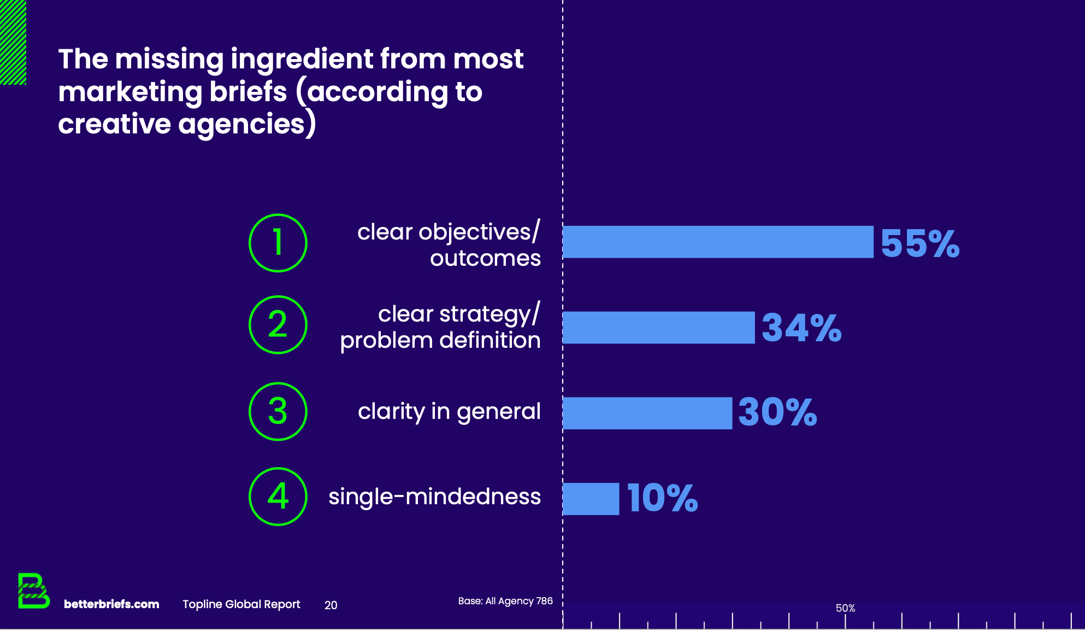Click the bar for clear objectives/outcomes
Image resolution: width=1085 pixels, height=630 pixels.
coord(718,242)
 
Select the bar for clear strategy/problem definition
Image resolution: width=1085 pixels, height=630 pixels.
coord(658,328)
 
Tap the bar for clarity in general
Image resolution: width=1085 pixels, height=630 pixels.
coord(647,413)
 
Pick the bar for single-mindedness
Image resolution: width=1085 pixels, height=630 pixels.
coord(591,498)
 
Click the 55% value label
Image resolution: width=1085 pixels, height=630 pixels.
coord(920,243)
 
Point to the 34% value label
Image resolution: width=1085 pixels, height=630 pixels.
coord(801,328)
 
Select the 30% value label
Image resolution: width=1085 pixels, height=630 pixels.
coord(777,412)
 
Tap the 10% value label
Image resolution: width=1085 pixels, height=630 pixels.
coord(662,498)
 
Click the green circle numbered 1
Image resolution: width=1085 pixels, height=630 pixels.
coord(278,243)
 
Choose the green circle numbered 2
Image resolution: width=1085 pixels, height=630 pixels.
coord(278,325)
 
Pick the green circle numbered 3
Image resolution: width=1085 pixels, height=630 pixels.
coord(278,411)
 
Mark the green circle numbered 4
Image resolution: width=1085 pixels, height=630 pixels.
coord(278,497)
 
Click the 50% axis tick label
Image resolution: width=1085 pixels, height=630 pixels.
coord(845,608)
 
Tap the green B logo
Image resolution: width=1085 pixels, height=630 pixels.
coord(33,591)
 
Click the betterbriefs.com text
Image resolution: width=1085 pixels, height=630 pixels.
coord(111,604)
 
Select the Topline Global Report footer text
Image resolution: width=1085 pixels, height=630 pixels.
coord(241,604)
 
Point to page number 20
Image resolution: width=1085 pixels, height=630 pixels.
coord(331,605)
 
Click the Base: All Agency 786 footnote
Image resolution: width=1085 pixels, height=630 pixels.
coord(505,601)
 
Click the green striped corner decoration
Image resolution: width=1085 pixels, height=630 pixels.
coord(13,42)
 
